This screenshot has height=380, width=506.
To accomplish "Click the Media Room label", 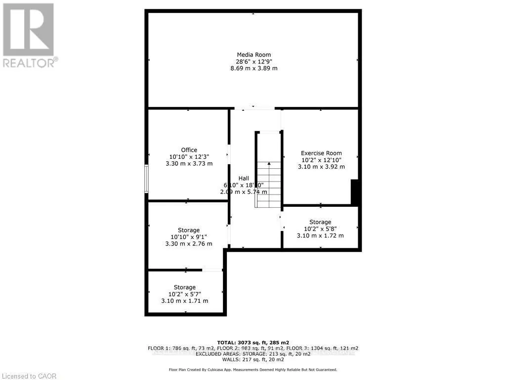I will click(x=254, y=54).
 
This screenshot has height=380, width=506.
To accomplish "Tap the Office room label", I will click(x=189, y=150).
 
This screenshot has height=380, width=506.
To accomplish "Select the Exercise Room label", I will click(x=321, y=153).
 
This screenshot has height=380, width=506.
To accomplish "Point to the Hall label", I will click(x=244, y=178).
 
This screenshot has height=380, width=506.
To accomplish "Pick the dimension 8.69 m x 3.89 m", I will click(x=254, y=68).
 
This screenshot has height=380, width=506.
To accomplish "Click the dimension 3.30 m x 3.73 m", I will click(x=189, y=164).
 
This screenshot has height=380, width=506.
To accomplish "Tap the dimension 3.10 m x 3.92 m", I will click(x=321, y=167).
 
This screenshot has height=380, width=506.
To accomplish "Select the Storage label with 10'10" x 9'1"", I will click(x=189, y=230).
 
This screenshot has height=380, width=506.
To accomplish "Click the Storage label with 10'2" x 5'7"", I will click(x=184, y=287).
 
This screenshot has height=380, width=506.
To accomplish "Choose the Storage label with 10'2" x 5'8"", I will click(x=320, y=222).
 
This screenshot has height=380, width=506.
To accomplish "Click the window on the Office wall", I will click(x=146, y=179).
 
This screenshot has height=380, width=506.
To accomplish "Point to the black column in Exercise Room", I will click(x=354, y=192).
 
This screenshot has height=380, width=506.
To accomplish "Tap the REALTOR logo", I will click(x=29, y=35).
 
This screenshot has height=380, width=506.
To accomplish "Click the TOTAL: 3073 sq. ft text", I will click(x=253, y=342).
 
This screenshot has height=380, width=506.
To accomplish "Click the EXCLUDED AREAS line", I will click(x=253, y=353).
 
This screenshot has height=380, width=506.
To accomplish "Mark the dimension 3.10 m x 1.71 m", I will click(x=184, y=301).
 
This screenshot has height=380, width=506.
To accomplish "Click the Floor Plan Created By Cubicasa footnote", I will click(x=253, y=370).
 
